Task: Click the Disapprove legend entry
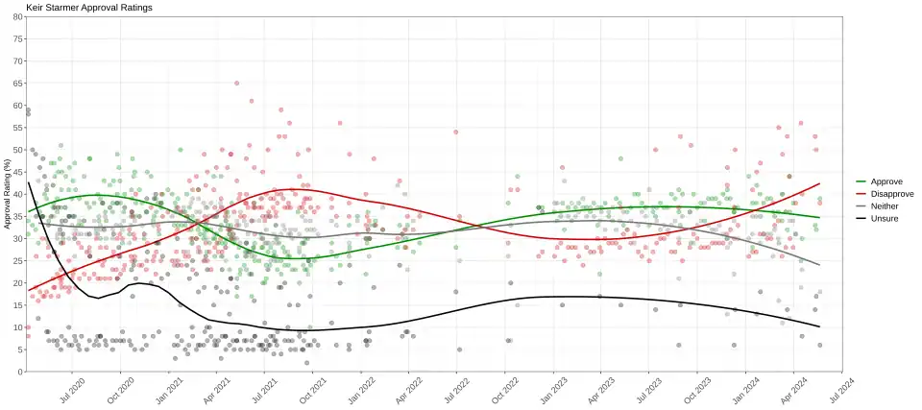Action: (x=892, y=194)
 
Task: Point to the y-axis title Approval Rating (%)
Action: (x=8, y=194)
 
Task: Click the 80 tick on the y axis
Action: (x=19, y=16)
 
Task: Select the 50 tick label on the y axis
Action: (x=19, y=150)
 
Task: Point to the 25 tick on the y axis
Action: (x=19, y=260)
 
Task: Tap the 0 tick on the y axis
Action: (x=21, y=372)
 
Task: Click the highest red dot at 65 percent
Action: (x=237, y=84)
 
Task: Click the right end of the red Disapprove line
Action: (x=819, y=183)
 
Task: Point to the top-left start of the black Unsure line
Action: (x=29, y=182)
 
